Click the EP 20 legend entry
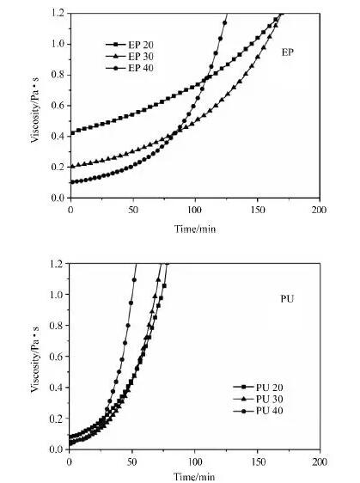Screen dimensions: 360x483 pyautogui.click(x=130, y=45)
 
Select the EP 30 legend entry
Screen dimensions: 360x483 pyautogui.click(x=130, y=57)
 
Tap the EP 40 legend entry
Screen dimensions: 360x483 pyautogui.click(x=130, y=68)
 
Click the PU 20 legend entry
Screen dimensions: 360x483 pyautogui.click(x=258, y=388)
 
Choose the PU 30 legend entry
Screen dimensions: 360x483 pyautogui.click(x=258, y=399)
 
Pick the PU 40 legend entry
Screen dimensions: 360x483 pyautogui.click(x=258, y=411)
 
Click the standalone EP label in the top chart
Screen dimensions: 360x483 pyautogui.click(x=288, y=52)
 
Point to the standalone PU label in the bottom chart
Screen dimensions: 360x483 pyautogui.click(x=287, y=298)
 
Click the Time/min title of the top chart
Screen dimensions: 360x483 pyautogui.click(x=195, y=229)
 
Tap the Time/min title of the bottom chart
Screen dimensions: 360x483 pyautogui.click(x=194, y=477)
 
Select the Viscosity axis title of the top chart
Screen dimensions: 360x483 pyautogui.click(x=35, y=110)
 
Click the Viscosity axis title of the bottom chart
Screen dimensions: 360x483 pyautogui.click(x=35, y=359)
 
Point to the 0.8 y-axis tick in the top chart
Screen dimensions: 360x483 pyautogui.click(x=58, y=75)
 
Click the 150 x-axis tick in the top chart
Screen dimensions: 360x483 pyautogui.click(x=258, y=210)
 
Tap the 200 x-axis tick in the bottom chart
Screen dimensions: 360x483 pyautogui.click(x=320, y=462)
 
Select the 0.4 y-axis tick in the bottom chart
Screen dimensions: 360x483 pyautogui.click(x=57, y=388)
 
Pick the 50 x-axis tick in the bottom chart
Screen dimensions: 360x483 pyautogui.click(x=132, y=462)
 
